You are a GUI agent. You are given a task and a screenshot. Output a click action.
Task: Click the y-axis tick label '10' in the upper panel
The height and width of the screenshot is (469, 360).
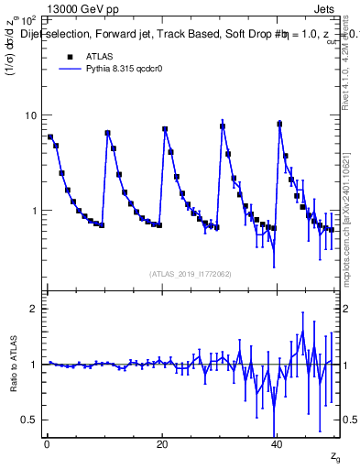click(29, 115)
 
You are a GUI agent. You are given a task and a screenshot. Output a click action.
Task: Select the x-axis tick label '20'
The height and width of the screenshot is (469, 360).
click(162, 445)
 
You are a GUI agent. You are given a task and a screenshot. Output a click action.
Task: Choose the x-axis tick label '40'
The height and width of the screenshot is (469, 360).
click(278, 445)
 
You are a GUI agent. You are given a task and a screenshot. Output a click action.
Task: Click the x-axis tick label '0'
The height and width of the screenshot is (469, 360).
click(46, 445)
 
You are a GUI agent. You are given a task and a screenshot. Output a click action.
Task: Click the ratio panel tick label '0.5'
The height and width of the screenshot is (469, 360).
click(28, 420)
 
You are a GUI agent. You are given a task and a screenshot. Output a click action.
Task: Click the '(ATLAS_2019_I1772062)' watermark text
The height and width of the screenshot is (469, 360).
click(191, 273)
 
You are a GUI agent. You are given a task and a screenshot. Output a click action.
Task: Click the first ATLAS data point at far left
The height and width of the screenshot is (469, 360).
click(50, 137)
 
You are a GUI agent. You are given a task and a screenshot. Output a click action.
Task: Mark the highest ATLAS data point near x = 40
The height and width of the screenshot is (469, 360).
click(279, 124)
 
